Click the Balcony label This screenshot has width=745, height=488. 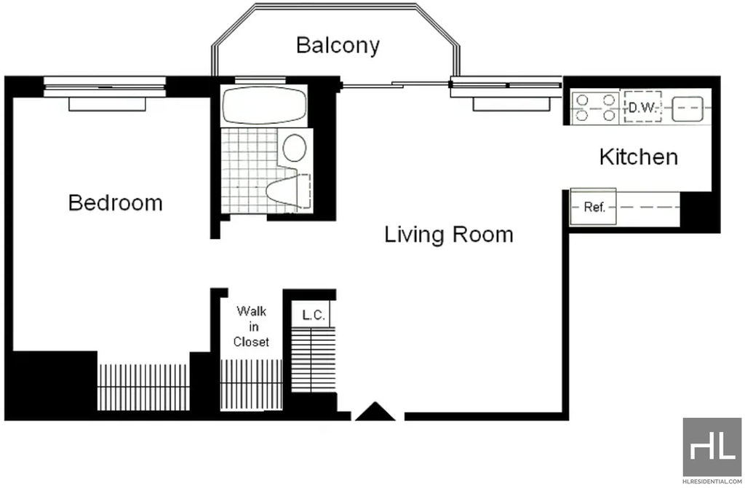click(x=338, y=45)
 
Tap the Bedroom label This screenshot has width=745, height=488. click(x=116, y=202)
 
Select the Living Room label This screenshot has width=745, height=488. click(x=448, y=235)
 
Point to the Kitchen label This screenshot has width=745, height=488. click(x=639, y=157)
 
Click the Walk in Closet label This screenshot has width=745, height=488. click(x=251, y=327)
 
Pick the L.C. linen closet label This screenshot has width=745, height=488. click(x=314, y=315)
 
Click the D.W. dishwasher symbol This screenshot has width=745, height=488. click(x=642, y=107)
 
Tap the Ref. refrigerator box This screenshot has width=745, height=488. click(x=593, y=207)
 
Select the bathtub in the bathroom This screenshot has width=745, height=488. click(x=264, y=105)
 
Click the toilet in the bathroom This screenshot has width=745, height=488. click(x=288, y=192)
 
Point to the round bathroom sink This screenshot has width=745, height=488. click(x=295, y=147)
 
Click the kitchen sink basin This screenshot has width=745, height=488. click(x=687, y=109)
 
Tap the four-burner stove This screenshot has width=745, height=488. click(x=595, y=108)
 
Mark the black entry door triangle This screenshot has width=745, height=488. click(x=375, y=412)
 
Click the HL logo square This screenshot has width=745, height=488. click(x=712, y=446)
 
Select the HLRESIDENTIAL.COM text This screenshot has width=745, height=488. click(x=712, y=481)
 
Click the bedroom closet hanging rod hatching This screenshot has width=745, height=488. click(x=143, y=387)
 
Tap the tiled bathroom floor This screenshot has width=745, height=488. click(x=250, y=170)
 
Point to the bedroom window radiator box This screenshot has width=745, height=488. click(x=107, y=104)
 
